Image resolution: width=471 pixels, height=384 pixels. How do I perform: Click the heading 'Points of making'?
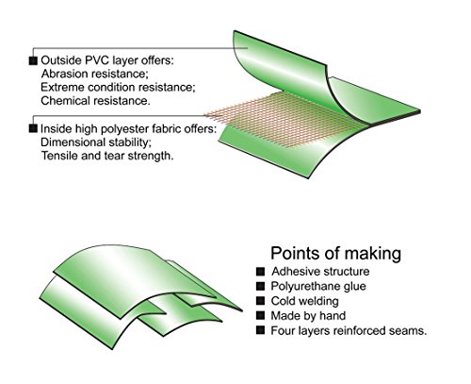[x=335, y=253]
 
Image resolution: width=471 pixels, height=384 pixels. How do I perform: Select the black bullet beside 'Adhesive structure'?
[x=260, y=272]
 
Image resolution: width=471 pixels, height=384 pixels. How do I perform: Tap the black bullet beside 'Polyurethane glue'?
[x=260, y=286]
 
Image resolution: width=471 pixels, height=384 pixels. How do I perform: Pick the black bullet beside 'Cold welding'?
[x=260, y=301]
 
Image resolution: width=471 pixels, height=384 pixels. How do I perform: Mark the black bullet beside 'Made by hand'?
[x=260, y=315]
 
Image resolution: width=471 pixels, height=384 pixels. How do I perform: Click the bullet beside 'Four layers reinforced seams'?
[x=260, y=330]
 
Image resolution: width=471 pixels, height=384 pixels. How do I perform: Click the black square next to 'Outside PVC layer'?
[x=33, y=60]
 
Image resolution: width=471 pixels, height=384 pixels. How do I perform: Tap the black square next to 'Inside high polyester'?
[x=33, y=128]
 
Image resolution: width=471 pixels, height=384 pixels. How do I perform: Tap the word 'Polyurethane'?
[x=301, y=287]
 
